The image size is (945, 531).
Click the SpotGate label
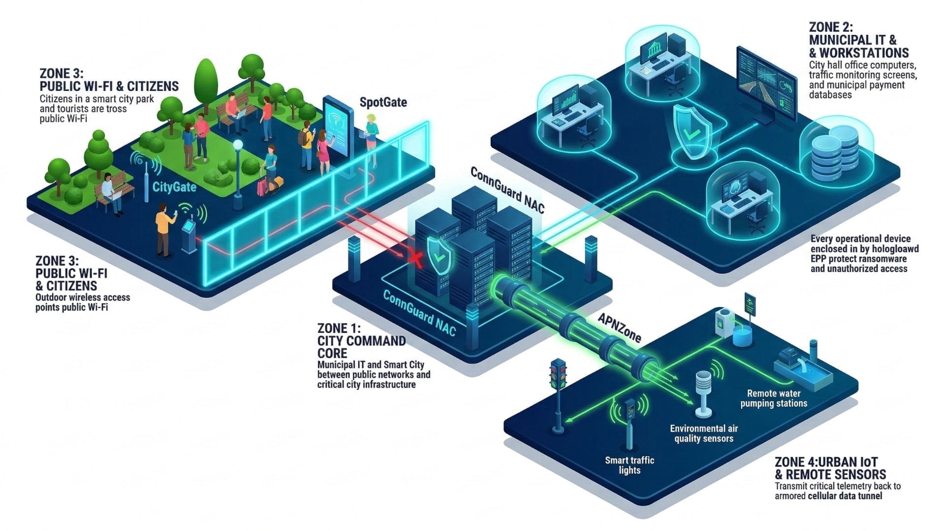(383, 102)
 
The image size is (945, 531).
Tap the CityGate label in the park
(174, 187)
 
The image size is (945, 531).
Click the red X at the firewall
(416, 259)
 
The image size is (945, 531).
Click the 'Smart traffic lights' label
(630, 465)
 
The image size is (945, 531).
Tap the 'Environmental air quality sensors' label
(704, 434)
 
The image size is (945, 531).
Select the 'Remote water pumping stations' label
(774, 398)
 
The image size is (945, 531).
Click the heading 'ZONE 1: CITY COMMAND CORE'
(361, 341)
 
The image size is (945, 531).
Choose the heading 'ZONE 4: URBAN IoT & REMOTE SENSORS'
(830, 468)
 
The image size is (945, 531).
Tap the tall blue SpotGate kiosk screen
(339, 126)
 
